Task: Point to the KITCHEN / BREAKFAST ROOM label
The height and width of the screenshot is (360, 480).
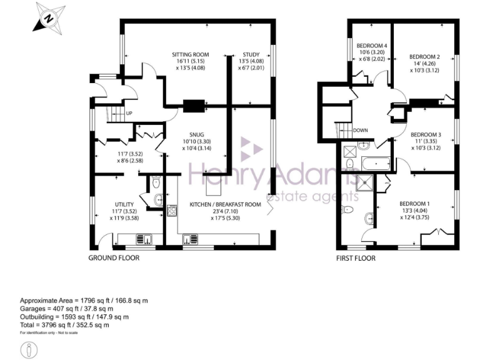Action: pyautogui.click(x=225, y=204)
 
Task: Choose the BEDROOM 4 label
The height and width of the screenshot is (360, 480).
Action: pyautogui.click(x=372, y=46)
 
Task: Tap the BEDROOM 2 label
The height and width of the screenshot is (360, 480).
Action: pyautogui.click(x=425, y=57)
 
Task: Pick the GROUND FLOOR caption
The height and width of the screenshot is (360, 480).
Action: pyautogui.click(x=113, y=257)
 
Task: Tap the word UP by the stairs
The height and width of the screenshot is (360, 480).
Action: pyautogui.click(x=129, y=113)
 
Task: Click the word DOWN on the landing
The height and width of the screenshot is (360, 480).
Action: pyautogui.click(x=360, y=131)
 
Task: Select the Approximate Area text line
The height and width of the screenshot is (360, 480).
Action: pyautogui.click(x=84, y=300)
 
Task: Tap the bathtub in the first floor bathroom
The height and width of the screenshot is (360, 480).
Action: pyautogui.click(x=375, y=164)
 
